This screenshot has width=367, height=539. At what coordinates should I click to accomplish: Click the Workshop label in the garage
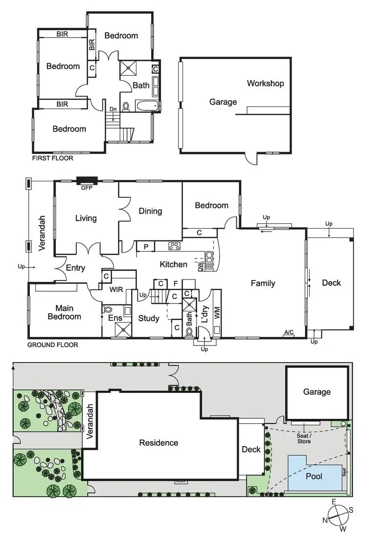(265, 84)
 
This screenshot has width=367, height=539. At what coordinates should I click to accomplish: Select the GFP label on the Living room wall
(86, 187)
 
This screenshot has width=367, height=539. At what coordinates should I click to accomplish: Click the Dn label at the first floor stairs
(113, 109)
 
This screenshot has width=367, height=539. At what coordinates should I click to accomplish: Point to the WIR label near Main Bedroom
(116, 290)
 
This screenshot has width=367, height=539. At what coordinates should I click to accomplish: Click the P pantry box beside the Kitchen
(146, 246)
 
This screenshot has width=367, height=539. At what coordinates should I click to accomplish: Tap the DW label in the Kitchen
(201, 266)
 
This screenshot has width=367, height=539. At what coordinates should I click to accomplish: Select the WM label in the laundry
(216, 313)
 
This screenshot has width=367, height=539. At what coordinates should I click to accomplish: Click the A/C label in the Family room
(289, 333)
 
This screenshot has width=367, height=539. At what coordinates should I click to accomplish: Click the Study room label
(149, 319)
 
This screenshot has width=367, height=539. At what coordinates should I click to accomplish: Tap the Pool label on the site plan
(314, 475)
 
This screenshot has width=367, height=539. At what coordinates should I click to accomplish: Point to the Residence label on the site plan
(159, 443)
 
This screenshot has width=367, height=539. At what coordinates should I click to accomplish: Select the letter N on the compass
(325, 520)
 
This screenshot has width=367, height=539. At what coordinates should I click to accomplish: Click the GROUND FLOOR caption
(52, 345)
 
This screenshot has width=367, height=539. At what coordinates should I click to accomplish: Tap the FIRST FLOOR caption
(53, 158)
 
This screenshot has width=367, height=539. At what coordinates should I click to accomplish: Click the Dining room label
(150, 211)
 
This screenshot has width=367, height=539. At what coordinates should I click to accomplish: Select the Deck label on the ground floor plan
(331, 282)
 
